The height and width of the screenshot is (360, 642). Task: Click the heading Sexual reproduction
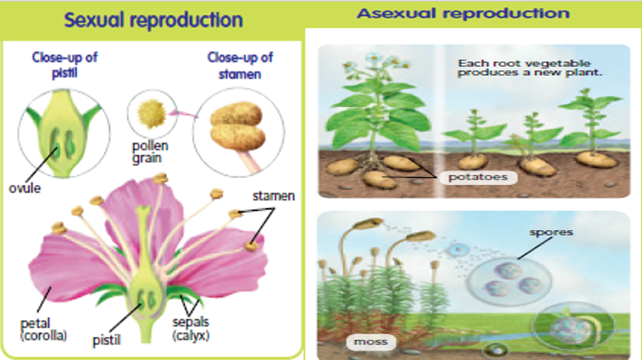(154, 20)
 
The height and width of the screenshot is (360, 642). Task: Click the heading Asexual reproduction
(463, 13)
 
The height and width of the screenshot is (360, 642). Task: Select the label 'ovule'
(24, 188)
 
